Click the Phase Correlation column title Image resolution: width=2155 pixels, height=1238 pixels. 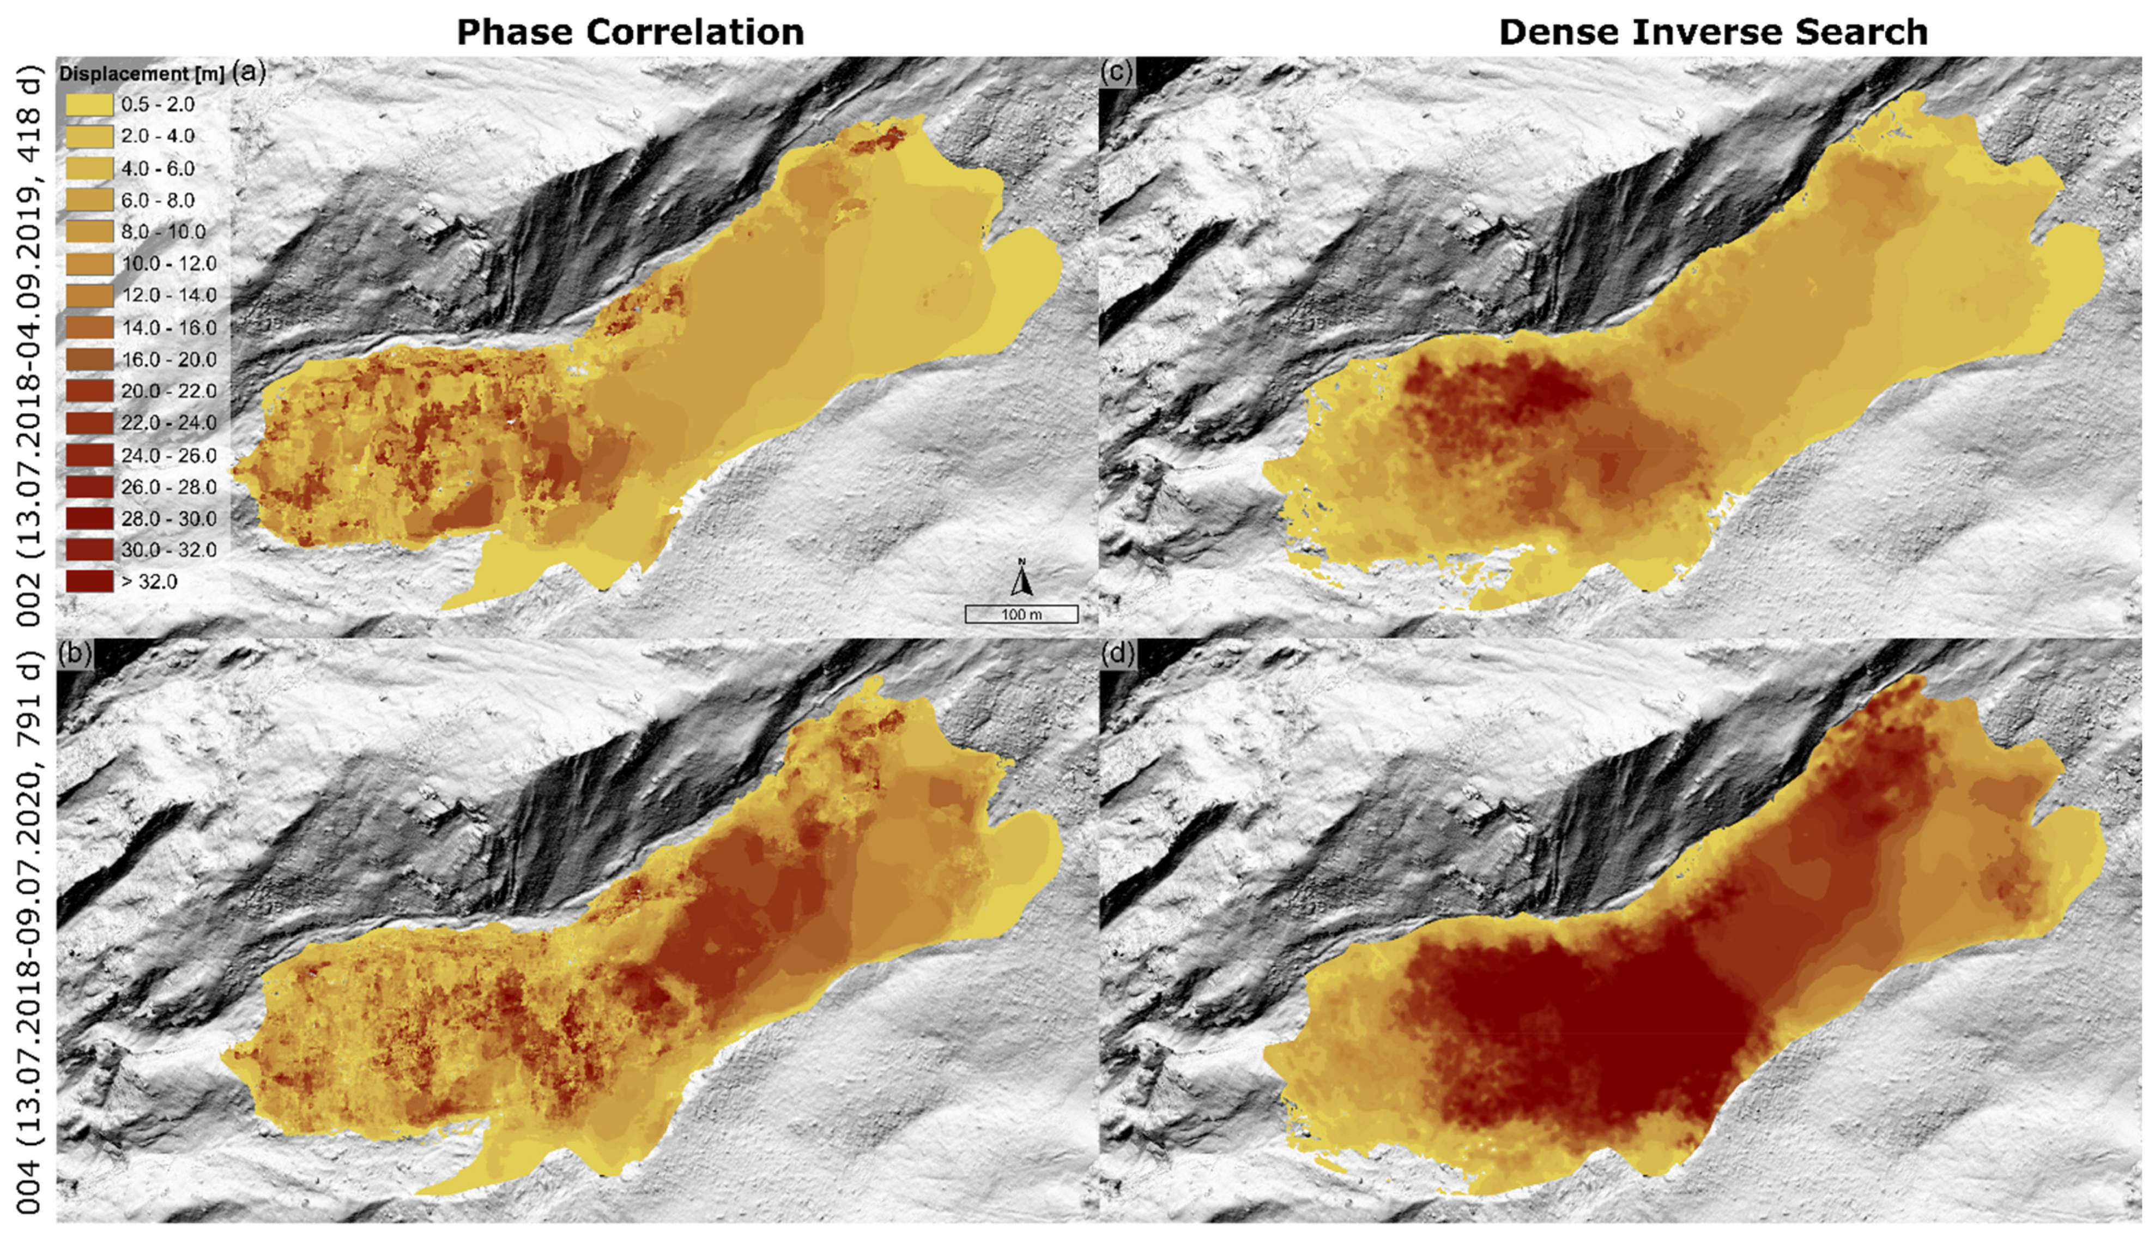click(630, 32)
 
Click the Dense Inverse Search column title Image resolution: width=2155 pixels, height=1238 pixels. click(1712, 32)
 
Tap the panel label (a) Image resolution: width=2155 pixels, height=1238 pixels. click(248, 73)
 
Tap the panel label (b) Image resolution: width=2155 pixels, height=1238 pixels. click(74, 653)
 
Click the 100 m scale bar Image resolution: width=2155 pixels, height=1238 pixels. click(1021, 614)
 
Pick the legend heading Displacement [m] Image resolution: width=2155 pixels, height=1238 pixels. click(141, 74)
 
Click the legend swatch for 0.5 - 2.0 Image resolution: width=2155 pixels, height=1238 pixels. click(89, 105)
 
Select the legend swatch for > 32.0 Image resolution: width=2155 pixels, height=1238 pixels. click(89, 582)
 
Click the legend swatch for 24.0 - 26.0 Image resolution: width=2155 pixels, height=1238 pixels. click(89, 455)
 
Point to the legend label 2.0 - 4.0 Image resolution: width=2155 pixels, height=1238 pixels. click(158, 136)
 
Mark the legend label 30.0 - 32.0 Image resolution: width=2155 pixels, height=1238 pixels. click(169, 550)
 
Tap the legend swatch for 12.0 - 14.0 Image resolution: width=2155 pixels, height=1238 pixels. click(89, 295)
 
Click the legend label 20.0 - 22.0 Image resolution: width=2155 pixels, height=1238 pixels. click(169, 391)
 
